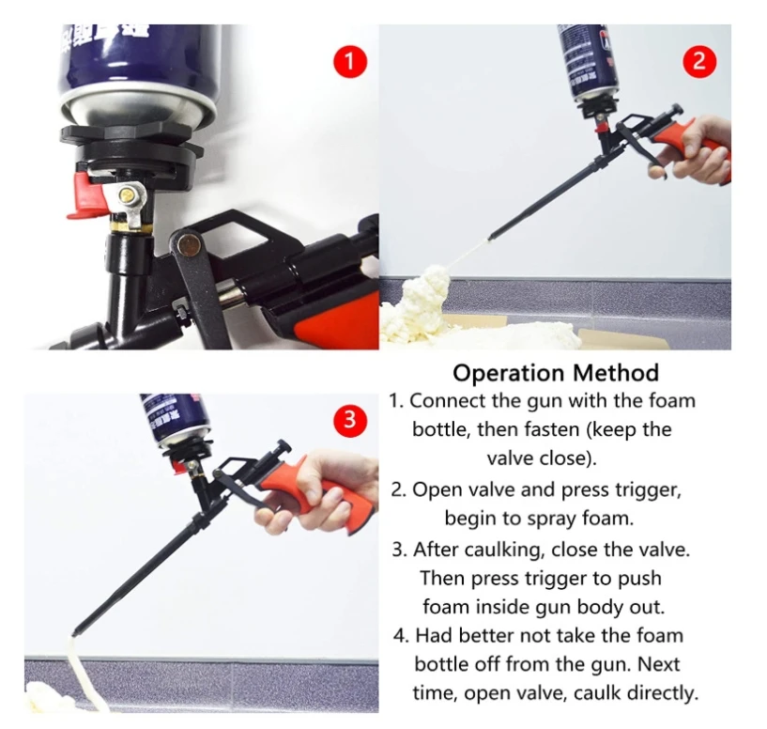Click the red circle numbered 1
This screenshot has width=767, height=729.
(348, 64)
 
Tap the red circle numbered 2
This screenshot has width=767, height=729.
(698, 63)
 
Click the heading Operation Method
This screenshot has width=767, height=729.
(556, 372)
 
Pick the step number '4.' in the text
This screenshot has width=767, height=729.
(398, 635)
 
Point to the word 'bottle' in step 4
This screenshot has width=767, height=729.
(442, 664)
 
